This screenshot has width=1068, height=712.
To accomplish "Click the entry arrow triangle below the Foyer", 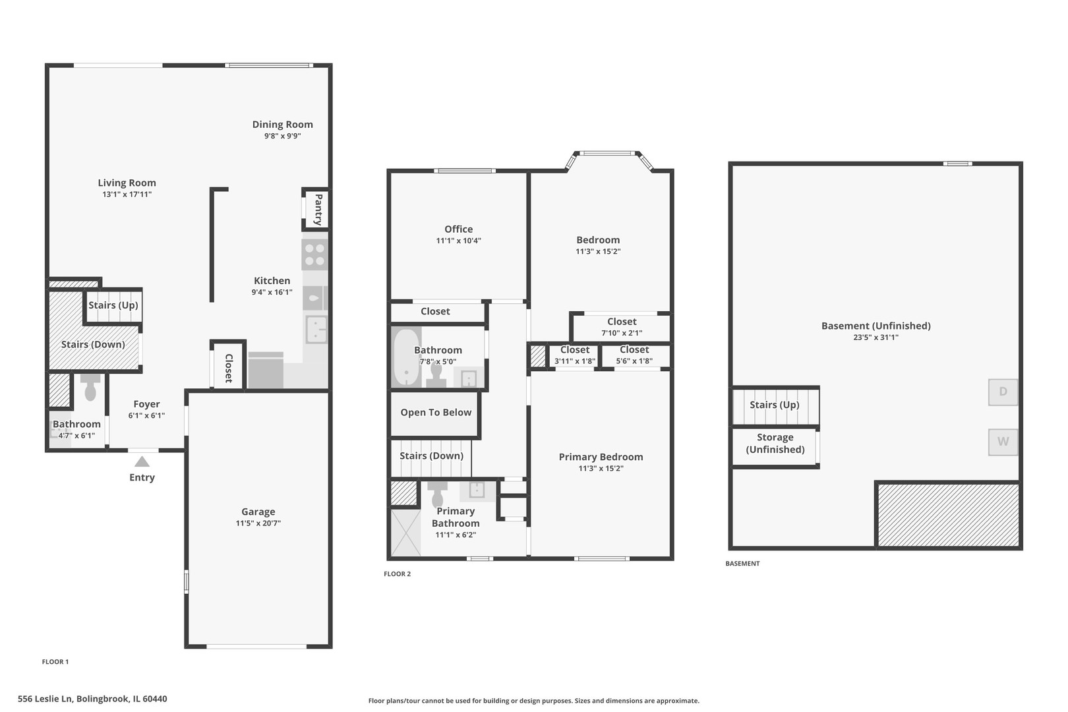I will tap(142, 461).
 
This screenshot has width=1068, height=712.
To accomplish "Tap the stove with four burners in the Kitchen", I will tap(314, 255).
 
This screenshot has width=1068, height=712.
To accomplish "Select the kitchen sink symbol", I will tap(316, 329).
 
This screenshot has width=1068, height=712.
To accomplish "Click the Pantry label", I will tap(318, 209).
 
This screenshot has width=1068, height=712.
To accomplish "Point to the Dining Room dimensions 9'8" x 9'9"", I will tap(282, 136).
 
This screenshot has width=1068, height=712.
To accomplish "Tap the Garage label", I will tap(258, 512).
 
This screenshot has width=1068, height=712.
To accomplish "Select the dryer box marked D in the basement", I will tap(1002, 392).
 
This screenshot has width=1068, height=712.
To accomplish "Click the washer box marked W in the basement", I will tap(1002, 442).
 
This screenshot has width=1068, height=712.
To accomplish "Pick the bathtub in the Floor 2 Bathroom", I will tap(406, 358).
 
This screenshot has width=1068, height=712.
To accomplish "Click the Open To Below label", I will tap(436, 413).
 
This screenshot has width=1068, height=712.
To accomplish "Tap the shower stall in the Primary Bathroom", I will tap(405, 533).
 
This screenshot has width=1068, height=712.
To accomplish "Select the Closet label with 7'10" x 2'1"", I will tap(621, 322).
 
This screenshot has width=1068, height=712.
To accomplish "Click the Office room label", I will tap(458, 229).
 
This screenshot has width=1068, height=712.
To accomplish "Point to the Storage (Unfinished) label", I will tap(775, 443).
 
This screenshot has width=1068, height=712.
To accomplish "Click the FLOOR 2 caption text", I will tap(397, 574).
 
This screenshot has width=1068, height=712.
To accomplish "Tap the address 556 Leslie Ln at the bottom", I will tap(92, 699).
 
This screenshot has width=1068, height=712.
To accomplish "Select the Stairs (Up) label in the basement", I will tap(774, 405).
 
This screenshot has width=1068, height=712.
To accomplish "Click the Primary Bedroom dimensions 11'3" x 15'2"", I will tap(601, 469).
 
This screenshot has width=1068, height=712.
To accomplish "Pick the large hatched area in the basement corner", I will tap(948, 515).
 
